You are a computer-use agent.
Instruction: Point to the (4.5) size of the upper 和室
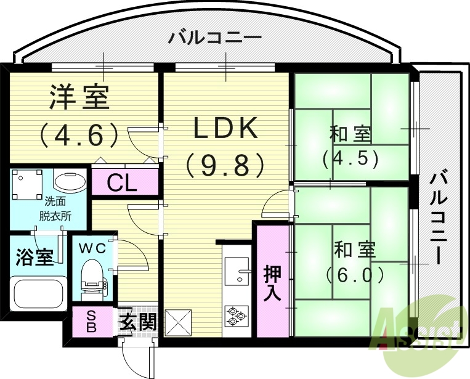point(349,158)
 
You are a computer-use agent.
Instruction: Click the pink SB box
point(91,322)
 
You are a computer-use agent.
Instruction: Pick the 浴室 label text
point(34,258)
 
